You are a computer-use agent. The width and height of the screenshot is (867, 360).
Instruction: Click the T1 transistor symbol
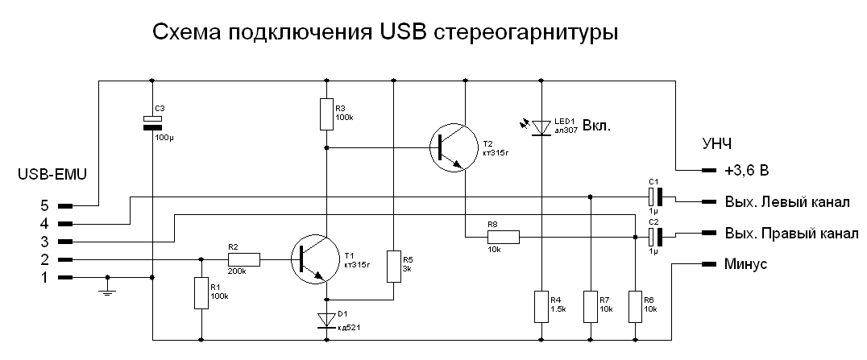pyautogui.click(x=314, y=259)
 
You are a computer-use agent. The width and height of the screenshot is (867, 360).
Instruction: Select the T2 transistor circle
pyautogui.click(x=454, y=147)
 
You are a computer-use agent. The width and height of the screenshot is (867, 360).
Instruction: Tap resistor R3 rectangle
pyautogui.click(x=327, y=114)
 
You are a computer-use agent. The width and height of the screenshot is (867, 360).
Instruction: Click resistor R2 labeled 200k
pyautogui.click(x=243, y=259)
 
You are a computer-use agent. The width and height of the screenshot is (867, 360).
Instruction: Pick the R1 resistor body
pyautogui.click(x=201, y=292)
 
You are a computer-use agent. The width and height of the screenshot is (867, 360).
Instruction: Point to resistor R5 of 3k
pyautogui.click(x=393, y=267)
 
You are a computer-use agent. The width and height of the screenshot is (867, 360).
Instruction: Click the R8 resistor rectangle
pyautogui.click(x=503, y=238)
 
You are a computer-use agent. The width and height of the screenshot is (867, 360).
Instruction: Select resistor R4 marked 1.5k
pyautogui.click(x=541, y=306)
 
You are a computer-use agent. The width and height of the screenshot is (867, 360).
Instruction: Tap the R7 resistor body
pyautogui.click(x=591, y=306)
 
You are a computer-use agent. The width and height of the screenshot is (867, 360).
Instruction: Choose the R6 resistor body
pyautogui.click(x=635, y=306)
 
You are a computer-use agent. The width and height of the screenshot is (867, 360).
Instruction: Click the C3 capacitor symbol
pyautogui.click(x=152, y=122)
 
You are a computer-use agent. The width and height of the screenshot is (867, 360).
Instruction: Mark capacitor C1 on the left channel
pyautogui.click(x=654, y=197)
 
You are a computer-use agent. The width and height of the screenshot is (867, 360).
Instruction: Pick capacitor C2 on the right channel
pyautogui.click(x=654, y=238)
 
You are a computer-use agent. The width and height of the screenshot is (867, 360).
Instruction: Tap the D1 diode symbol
pyautogui.click(x=327, y=321)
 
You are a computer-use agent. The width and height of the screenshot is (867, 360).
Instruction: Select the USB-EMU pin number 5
pyautogui.click(x=45, y=205)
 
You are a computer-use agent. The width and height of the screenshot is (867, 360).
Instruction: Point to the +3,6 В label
pyautogui.click(x=746, y=171)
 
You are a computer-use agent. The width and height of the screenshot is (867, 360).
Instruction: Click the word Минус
pyautogui.click(x=746, y=264)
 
